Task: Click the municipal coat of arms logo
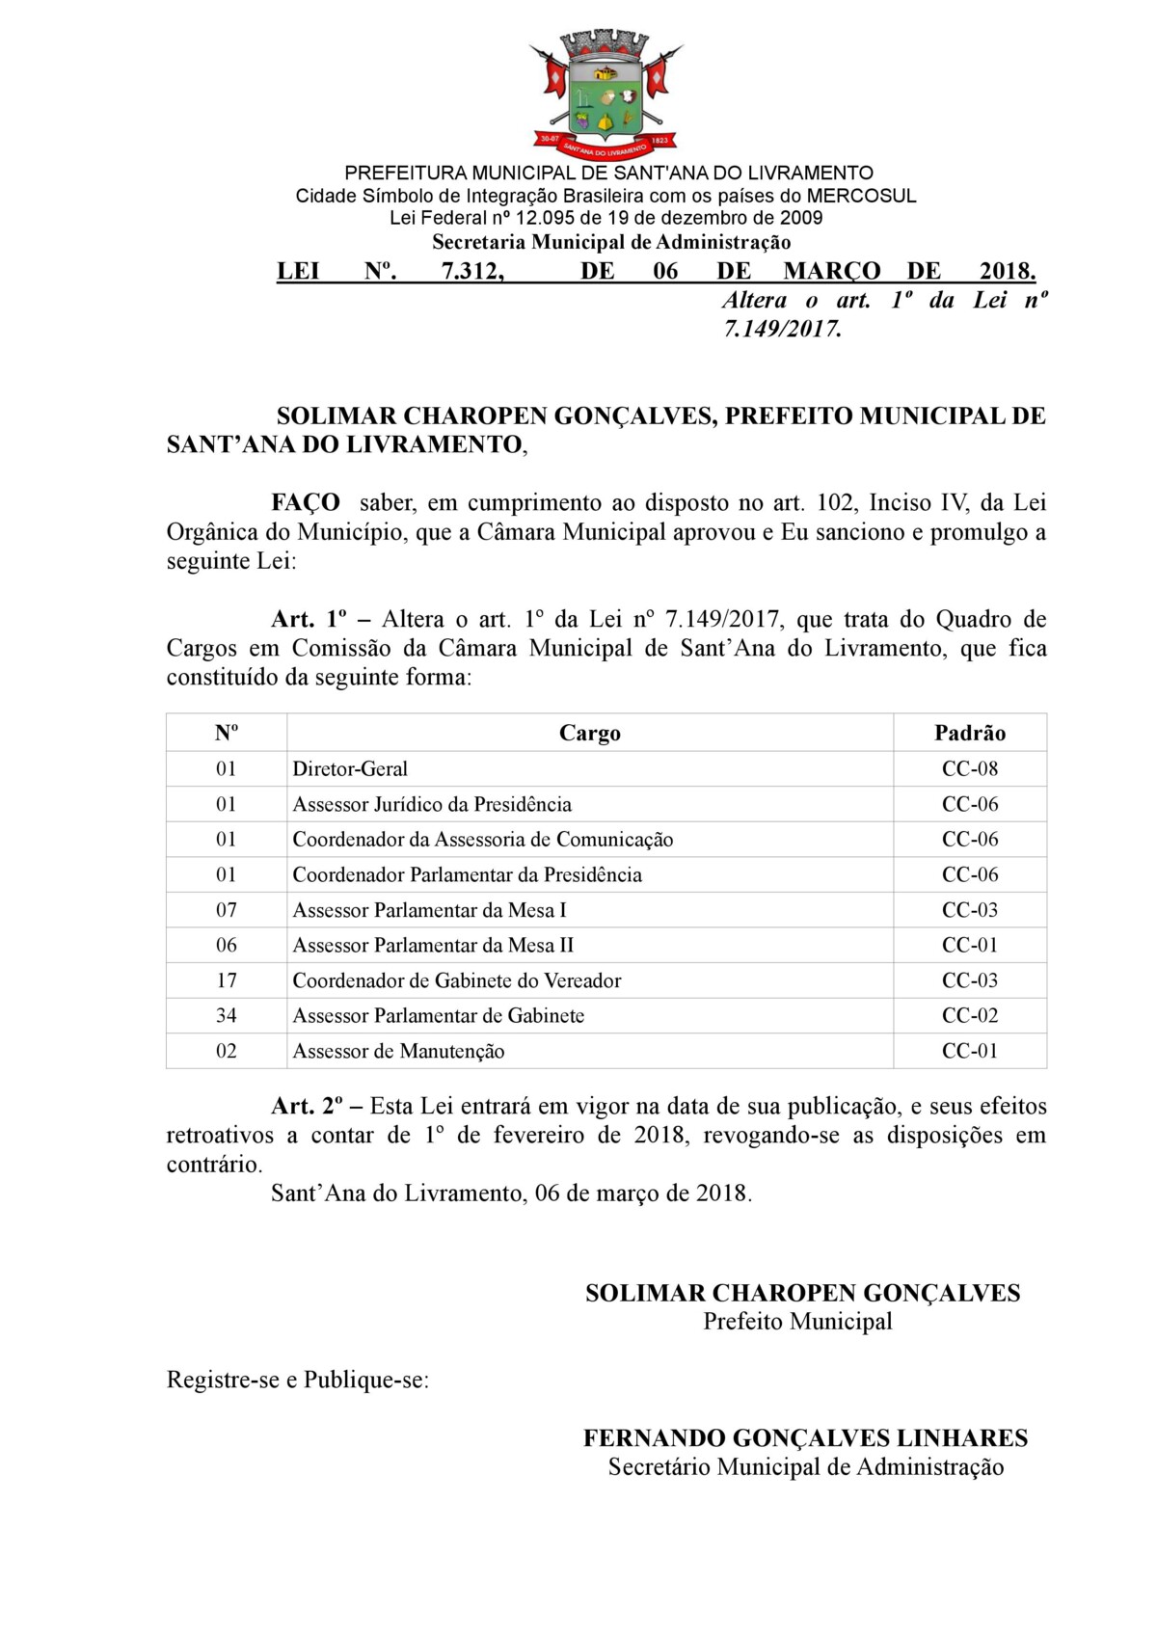pos(605,94)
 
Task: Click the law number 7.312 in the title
pos(472,271)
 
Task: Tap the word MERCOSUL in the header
pos(861,196)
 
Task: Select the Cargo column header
pos(589,733)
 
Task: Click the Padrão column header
pos(969,733)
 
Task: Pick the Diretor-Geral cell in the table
pos(350,768)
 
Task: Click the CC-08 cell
pos(969,768)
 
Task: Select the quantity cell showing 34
pos(226,1015)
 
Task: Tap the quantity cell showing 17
pos(226,979)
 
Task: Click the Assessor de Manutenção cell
pos(398,1051)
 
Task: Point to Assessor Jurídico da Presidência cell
pos(432,804)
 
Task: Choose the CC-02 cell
pos(969,1015)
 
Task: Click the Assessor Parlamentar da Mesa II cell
pos(433,945)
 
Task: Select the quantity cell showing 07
pos(226,909)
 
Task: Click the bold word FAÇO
pos(305,502)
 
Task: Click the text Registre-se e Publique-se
pos(297,1380)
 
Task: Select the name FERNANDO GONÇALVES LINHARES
pos(805,1438)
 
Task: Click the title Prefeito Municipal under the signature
pos(797,1321)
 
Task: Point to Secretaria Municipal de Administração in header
pos(611,242)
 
